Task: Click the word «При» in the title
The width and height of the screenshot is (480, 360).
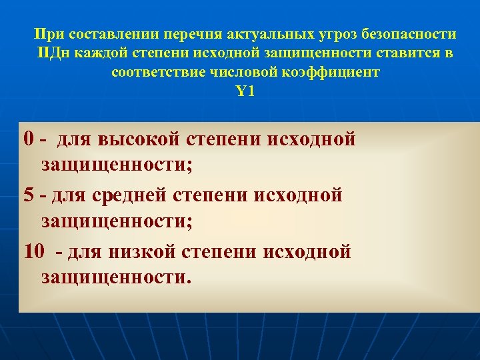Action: tap(47, 34)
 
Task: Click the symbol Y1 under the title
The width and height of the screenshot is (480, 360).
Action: tap(245, 91)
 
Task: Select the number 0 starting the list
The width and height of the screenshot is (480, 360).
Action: tap(28, 139)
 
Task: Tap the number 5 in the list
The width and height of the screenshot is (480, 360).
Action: tap(28, 195)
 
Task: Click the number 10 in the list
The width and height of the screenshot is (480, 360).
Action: tap(33, 251)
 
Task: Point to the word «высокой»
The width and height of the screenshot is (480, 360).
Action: tap(136, 139)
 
